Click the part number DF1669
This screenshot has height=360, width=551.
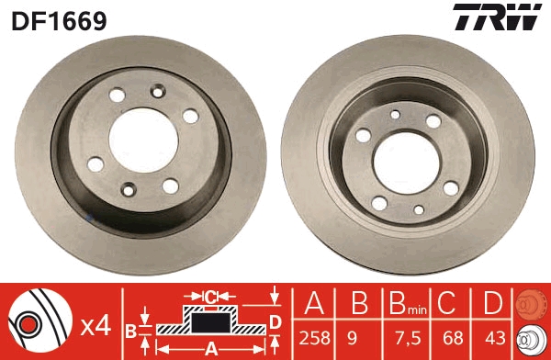(x=59, y=21)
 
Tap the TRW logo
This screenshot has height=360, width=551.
(x=497, y=17)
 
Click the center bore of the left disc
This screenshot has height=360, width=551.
(x=144, y=141)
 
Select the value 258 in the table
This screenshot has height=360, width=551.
(x=314, y=338)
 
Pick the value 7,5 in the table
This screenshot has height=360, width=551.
(x=408, y=338)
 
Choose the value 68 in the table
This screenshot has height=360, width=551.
(x=453, y=338)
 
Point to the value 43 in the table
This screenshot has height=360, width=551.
(x=495, y=338)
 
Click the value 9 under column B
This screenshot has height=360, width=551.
(x=352, y=338)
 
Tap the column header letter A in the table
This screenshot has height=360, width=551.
(x=314, y=303)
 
